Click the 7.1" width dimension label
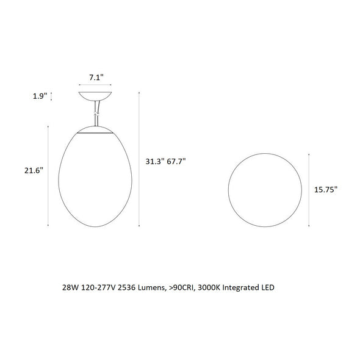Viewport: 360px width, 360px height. (x=96, y=77)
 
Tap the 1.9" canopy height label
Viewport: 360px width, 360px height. (x=40, y=96)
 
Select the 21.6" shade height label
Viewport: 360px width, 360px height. (x=34, y=171)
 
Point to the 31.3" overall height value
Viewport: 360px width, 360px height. (x=155, y=162)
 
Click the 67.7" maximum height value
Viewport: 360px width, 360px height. (x=176, y=162)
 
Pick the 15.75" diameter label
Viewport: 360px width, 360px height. (x=326, y=190)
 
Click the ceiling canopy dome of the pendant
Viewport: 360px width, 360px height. (x=95, y=96)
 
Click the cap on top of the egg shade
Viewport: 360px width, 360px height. (x=95, y=130)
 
